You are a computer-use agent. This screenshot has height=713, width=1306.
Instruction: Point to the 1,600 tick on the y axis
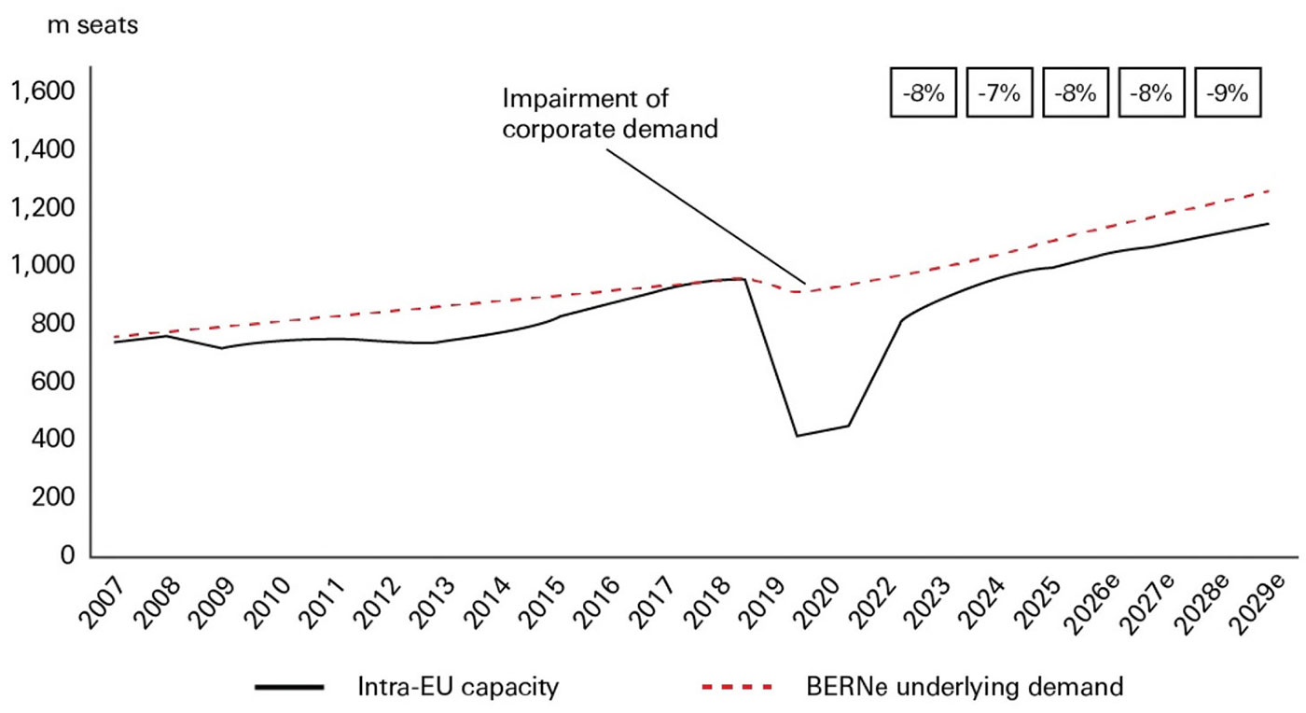click(41, 91)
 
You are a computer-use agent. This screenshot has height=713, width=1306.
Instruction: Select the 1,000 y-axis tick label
click(41, 266)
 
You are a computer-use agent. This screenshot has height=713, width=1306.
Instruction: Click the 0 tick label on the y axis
click(68, 556)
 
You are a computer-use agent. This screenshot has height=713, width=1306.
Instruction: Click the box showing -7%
click(1000, 93)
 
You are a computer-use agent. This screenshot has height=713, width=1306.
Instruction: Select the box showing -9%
click(1228, 93)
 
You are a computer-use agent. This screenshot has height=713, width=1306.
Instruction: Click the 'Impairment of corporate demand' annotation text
click(610, 113)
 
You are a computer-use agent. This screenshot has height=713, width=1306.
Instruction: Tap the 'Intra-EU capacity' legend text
click(458, 689)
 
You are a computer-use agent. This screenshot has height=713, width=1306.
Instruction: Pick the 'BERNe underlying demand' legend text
click(964, 689)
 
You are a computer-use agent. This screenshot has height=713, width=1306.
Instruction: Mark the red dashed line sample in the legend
click(737, 689)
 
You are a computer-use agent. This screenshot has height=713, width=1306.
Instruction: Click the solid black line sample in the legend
click(290, 689)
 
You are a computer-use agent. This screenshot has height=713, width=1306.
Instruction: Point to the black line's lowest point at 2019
click(797, 436)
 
